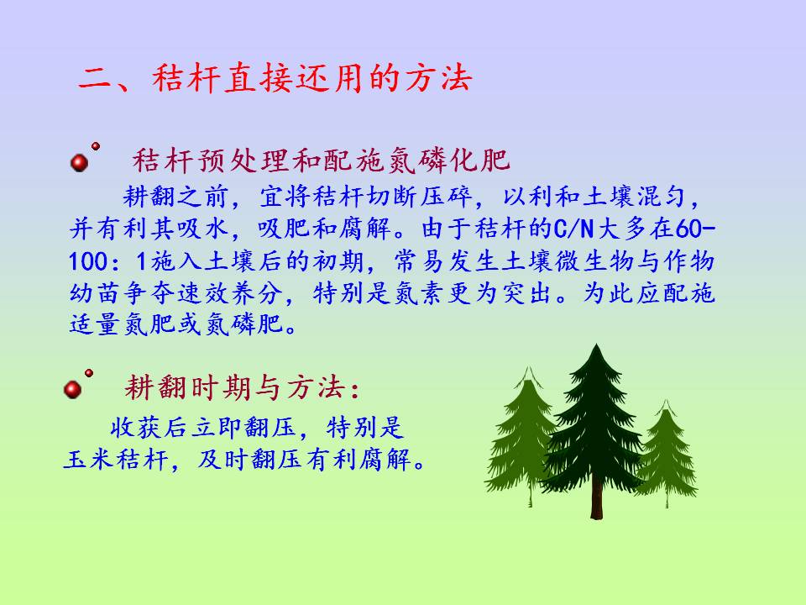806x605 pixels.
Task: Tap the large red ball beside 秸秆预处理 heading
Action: (x=79, y=162)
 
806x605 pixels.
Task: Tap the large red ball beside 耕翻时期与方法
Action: (x=72, y=389)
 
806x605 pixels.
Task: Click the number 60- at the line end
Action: (x=694, y=229)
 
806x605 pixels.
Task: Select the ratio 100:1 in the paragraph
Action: (x=108, y=261)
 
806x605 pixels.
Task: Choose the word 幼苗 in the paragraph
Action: (x=96, y=294)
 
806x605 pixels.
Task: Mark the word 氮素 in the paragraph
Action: (x=420, y=294)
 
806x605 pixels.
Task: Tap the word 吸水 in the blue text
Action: (x=204, y=229)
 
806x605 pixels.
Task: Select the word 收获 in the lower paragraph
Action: (x=136, y=427)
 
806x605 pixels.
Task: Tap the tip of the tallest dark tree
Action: (x=596, y=345)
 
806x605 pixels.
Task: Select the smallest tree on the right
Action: (x=666, y=453)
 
